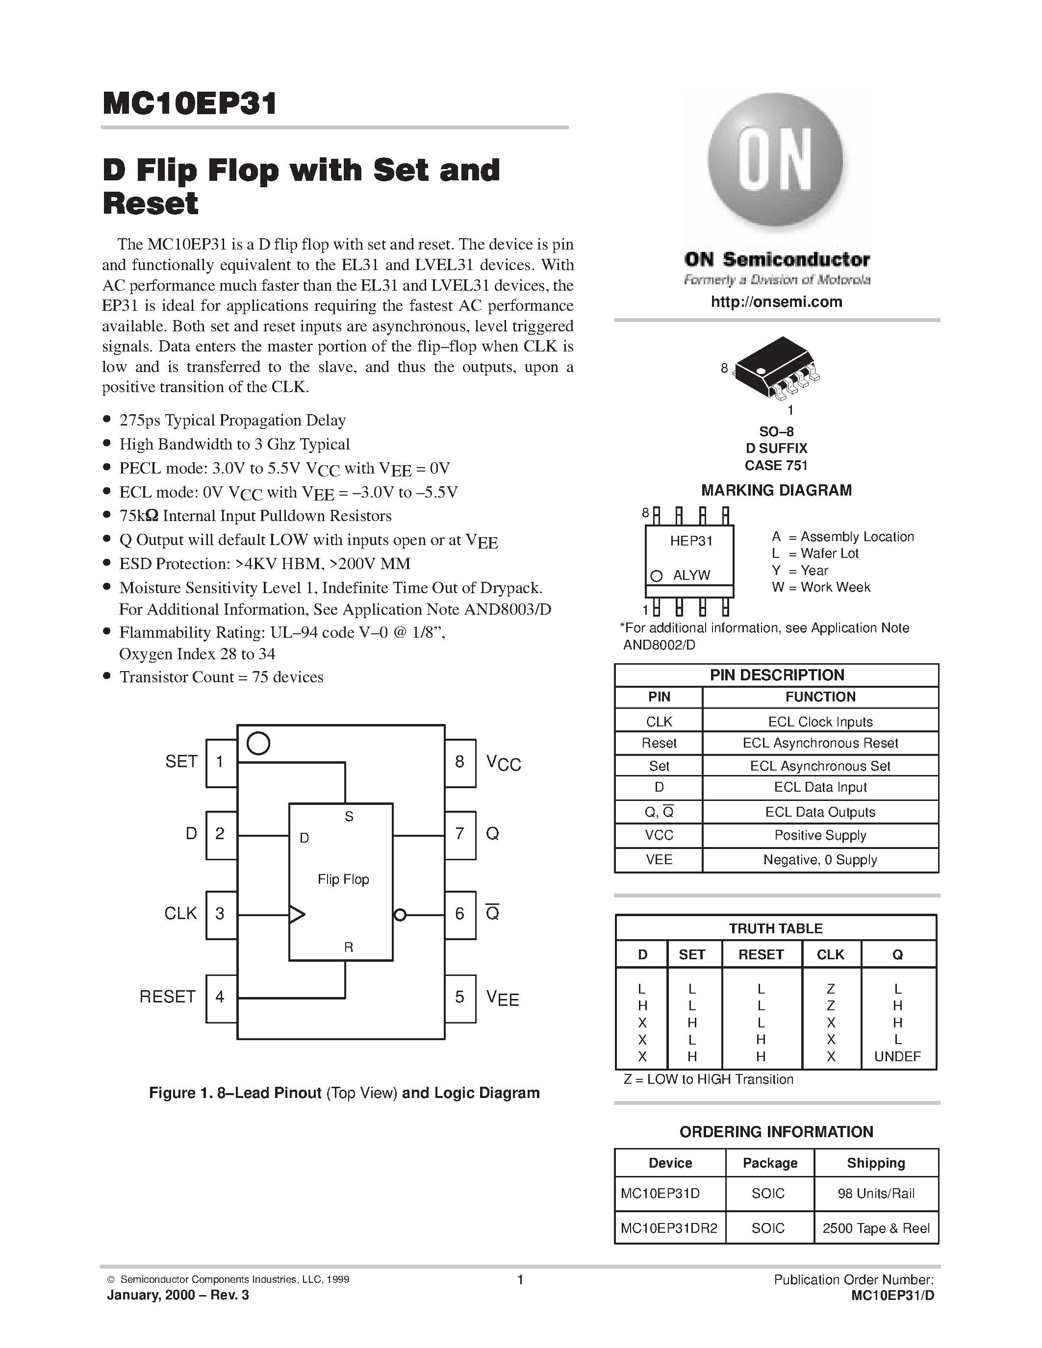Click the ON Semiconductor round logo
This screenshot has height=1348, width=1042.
click(x=775, y=162)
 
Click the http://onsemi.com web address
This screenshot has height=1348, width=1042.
click(x=776, y=302)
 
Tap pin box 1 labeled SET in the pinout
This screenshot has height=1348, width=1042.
click(x=220, y=762)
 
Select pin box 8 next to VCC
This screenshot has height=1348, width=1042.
click(x=460, y=762)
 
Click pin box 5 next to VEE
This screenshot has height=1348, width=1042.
click(x=460, y=997)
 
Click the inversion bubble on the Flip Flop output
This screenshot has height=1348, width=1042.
click(x=400, y=915)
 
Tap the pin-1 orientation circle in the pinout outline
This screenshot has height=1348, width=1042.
click(x=258, y=743)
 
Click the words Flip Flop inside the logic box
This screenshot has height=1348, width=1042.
click(x=343, y=879)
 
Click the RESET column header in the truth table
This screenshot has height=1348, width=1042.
click(x=761, y=954)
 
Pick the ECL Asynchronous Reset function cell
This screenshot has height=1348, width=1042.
click(x=820, y=743)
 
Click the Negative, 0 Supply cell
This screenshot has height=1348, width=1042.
click(x=820, y=860)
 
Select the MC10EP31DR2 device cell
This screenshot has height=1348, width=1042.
click(x=669, y=1228)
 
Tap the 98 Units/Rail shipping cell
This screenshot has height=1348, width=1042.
click(x=876, y=1193)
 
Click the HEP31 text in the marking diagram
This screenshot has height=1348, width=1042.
click(x=691, y=541)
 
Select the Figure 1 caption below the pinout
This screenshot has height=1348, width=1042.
click(x=344, y=1093)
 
